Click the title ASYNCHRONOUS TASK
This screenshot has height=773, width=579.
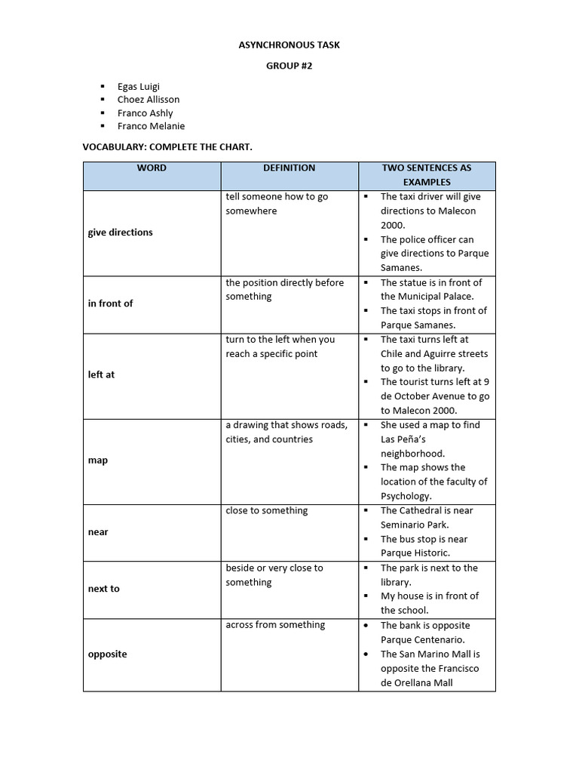(289, 45)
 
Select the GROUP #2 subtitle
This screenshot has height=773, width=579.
(289, 66)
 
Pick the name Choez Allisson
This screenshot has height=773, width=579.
(149, 100)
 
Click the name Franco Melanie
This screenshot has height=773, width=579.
(151, 127)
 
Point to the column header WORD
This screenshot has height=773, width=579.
(152, 168)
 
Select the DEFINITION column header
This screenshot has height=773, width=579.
(289, 168)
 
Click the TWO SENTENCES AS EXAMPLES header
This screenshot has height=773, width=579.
(427, 175)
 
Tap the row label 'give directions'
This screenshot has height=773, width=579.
(120, 233)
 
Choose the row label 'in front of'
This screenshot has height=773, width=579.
(110, 303)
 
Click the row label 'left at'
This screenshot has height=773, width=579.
(101, 374)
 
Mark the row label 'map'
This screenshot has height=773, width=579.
(98, 460)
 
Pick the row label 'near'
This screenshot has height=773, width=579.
(98, 532)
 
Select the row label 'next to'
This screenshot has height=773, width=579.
(103, 589)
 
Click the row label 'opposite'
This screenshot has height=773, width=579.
(107, 654)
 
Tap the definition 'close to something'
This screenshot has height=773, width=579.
(266, 511)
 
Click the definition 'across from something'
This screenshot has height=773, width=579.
(275, 625)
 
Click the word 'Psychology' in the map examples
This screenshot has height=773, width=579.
(406, 497)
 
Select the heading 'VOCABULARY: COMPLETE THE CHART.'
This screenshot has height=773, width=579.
(178, 146)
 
